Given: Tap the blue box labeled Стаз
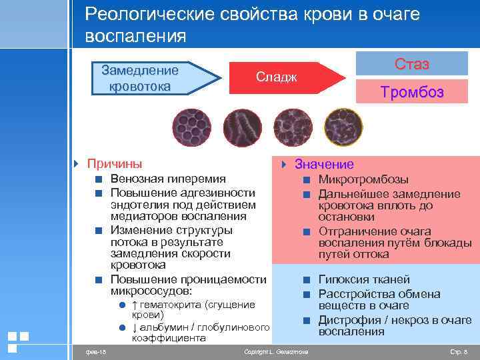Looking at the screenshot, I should point(411,64).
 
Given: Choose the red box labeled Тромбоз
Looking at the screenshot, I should point(411,93).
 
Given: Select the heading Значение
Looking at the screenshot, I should point(324,164).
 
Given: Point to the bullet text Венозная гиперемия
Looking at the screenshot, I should point(168,179).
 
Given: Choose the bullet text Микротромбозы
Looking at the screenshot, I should point(361,179).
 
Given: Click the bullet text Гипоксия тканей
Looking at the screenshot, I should point(364,279).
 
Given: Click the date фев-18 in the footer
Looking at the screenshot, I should point(87,351).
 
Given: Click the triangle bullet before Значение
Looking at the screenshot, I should point(283,164).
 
